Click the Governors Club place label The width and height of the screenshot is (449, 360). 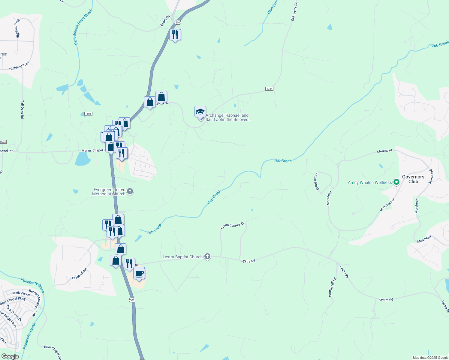(413, 179)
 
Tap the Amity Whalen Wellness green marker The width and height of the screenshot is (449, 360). (396, 182)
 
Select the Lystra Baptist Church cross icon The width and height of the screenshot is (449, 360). (207, 256)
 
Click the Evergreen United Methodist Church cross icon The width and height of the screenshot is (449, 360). (130, 191)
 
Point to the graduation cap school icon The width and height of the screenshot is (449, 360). (200, 112)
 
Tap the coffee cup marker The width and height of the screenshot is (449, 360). (139, 274)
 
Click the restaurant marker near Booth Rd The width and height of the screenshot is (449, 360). (175, 35)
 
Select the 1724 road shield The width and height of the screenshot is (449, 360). (269, 89)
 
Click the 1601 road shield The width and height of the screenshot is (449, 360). (88, 114)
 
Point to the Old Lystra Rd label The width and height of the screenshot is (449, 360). (294, 11)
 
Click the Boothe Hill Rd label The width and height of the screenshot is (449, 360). (332, 287)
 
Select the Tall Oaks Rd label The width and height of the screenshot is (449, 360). (22, 109)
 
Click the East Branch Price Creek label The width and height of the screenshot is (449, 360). (83, 27)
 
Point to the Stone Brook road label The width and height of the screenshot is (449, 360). (316, 181)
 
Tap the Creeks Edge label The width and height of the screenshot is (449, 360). (80, 273)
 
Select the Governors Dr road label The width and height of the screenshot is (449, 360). (387, 205)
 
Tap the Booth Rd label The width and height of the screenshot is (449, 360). (165, 21)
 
